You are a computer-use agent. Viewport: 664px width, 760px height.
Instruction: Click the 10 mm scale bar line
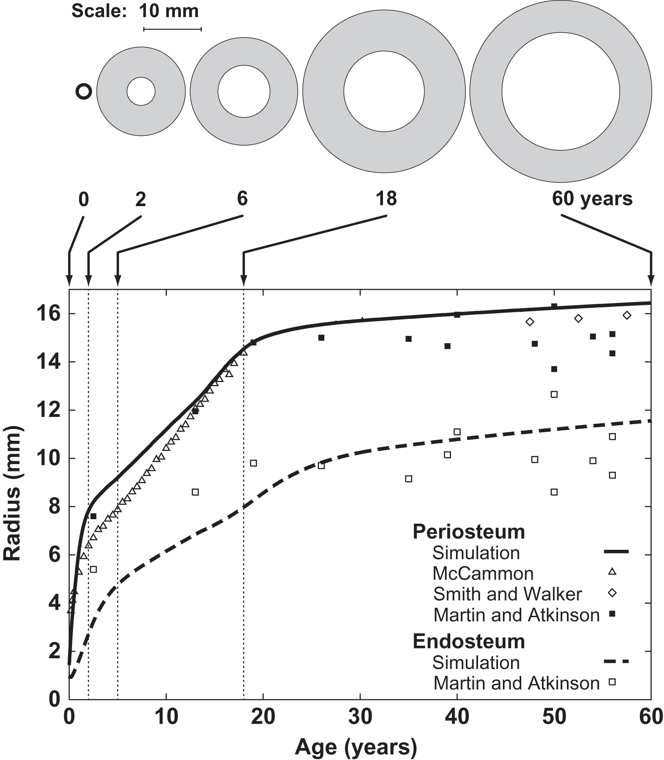172,29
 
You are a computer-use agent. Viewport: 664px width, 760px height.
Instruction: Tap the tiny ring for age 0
84,91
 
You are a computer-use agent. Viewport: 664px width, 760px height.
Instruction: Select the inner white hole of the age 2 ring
141,91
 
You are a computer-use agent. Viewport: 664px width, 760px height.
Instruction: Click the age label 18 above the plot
386,199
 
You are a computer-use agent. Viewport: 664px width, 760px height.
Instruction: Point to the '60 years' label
592,199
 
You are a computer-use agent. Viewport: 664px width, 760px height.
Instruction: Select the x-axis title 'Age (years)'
356,747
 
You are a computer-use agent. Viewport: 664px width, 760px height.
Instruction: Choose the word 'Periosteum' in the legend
468,532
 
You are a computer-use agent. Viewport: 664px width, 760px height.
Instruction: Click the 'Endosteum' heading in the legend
468,642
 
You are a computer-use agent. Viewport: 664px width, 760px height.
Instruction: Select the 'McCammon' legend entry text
483,573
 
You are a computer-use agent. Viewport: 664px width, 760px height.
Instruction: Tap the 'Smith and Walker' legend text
507,594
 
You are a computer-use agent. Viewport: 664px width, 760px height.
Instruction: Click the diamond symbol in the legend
612,593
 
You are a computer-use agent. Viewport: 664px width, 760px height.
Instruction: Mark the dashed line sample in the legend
616,661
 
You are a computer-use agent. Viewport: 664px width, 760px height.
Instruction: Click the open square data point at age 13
195,492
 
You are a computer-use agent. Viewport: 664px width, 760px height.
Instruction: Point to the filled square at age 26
321,338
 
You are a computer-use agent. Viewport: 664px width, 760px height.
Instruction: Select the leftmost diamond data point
530,322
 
